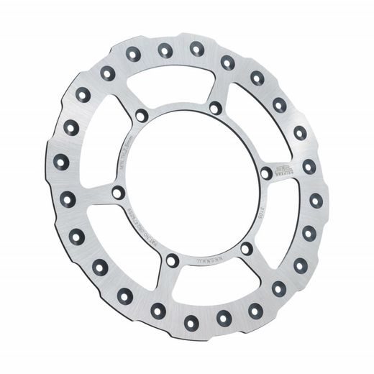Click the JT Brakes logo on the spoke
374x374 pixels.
point(286,170)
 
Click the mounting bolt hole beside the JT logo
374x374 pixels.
point(266,173)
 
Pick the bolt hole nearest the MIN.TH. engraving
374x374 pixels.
point(142,115)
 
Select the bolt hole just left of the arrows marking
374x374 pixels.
point(172,260)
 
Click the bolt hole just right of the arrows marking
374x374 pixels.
point(246,247)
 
